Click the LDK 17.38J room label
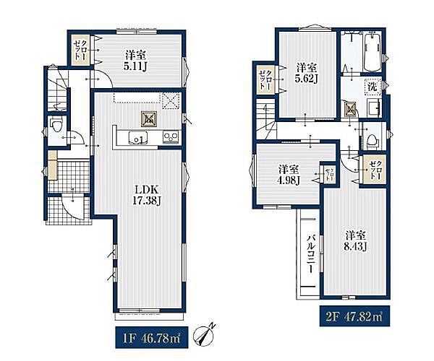tap(146, 195)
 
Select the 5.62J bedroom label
tap(306, 73)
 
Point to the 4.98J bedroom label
tap(289, 175)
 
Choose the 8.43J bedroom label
tap(355, 241)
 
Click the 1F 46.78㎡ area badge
tap(151, 337)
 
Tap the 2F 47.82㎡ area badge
tap(354, 316)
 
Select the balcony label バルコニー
tap(311, 253)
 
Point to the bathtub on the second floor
tap(372, 52)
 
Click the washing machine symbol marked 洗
tap(373, 87)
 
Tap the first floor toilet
tap(57, 126)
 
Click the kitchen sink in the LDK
tap(138, 137)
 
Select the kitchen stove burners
tap(171, 137)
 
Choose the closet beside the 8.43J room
tap(374, 170)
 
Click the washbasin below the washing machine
tap(375, 108)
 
